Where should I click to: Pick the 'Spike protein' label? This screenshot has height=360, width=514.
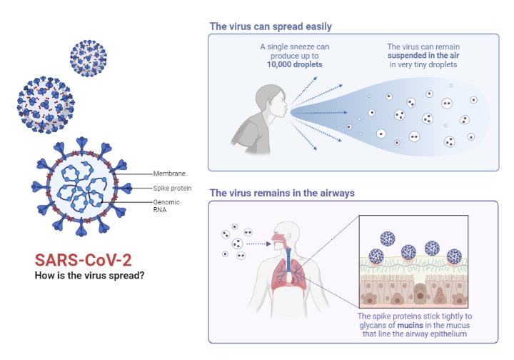(171, 188)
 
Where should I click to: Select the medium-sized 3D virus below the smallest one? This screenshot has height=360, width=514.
(45, 104)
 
